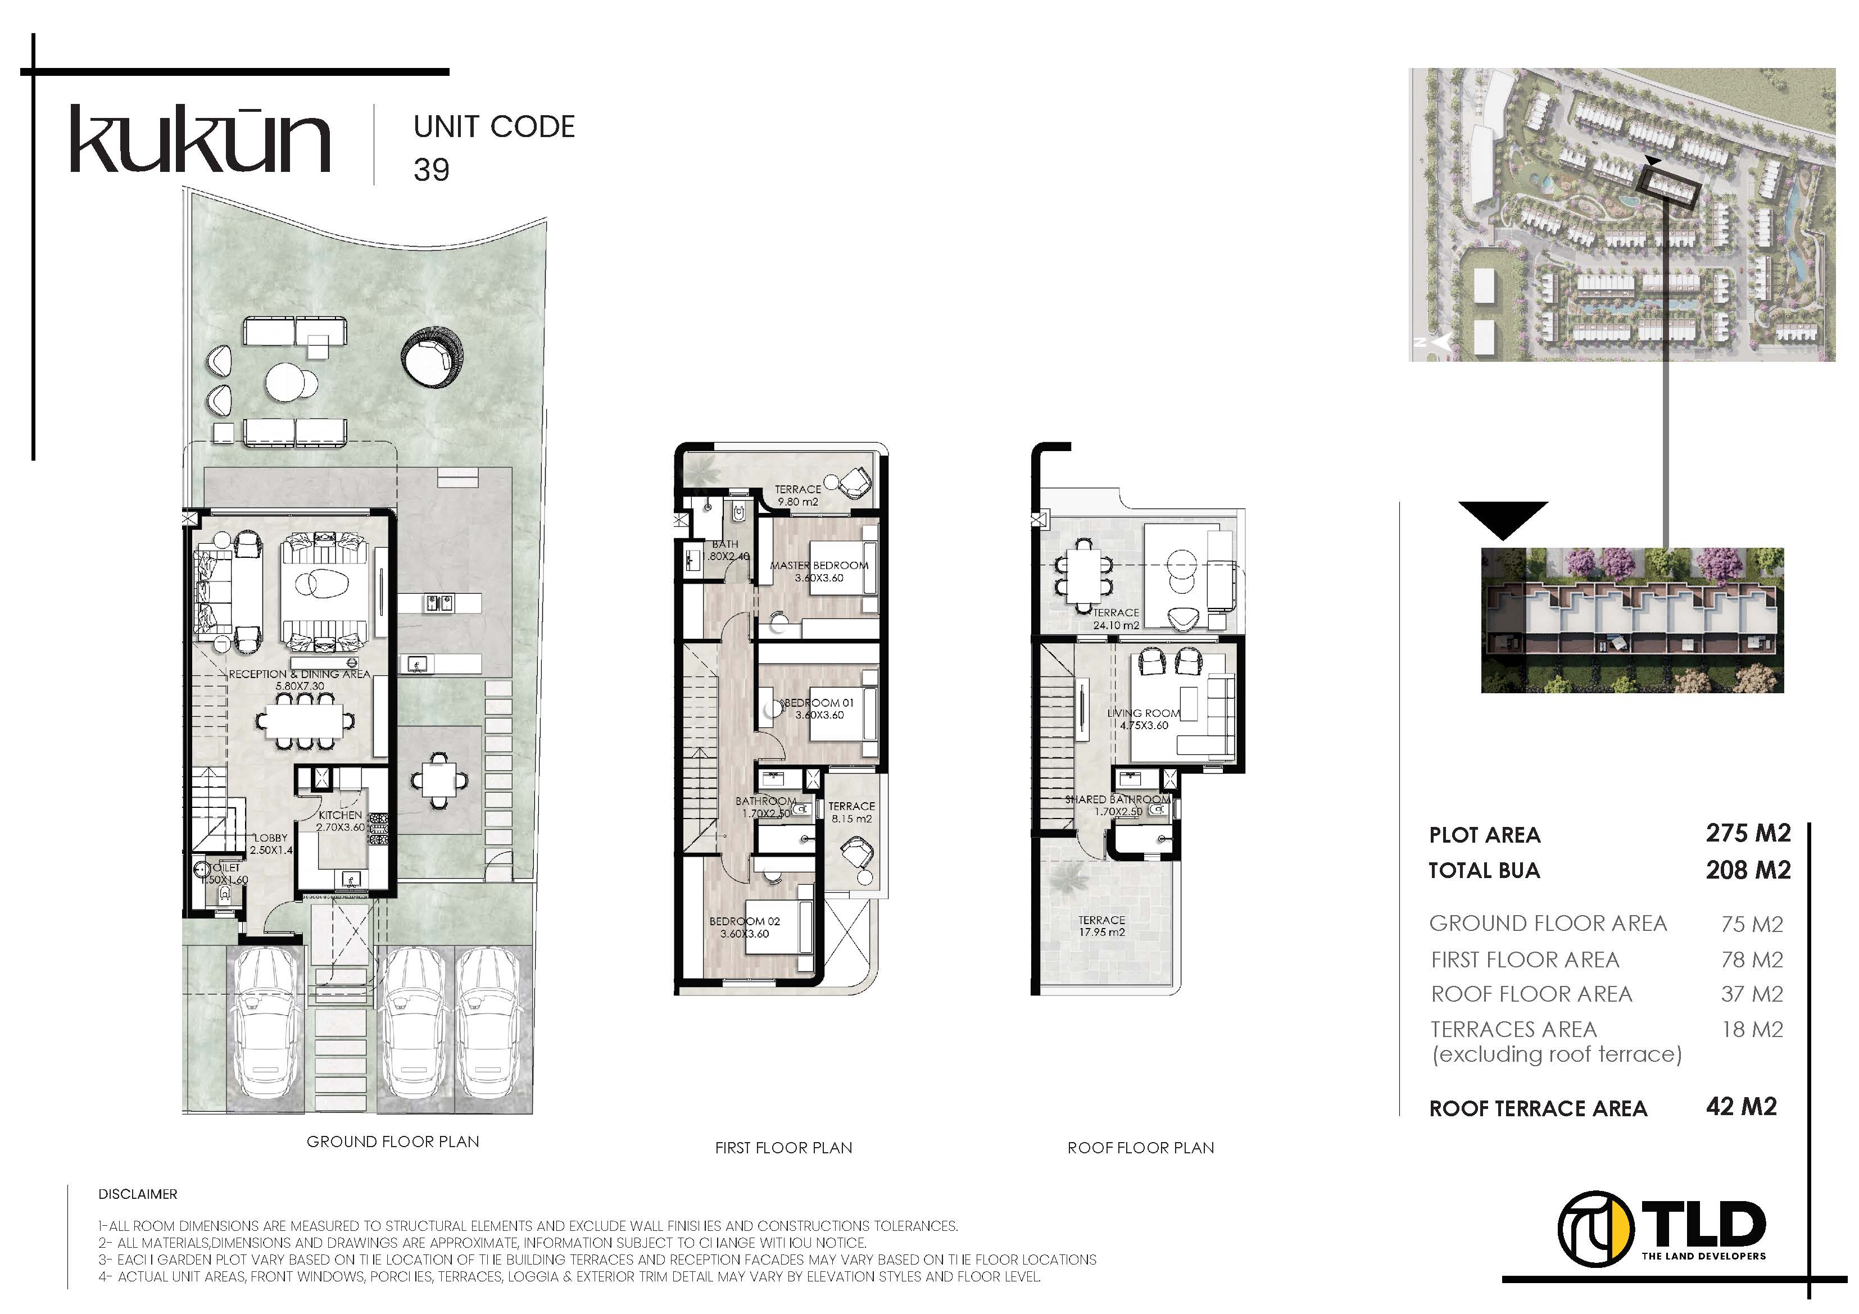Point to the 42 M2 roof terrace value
1741,1107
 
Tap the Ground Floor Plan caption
393,1142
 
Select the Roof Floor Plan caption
1140,1148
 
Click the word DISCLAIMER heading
138,1194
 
